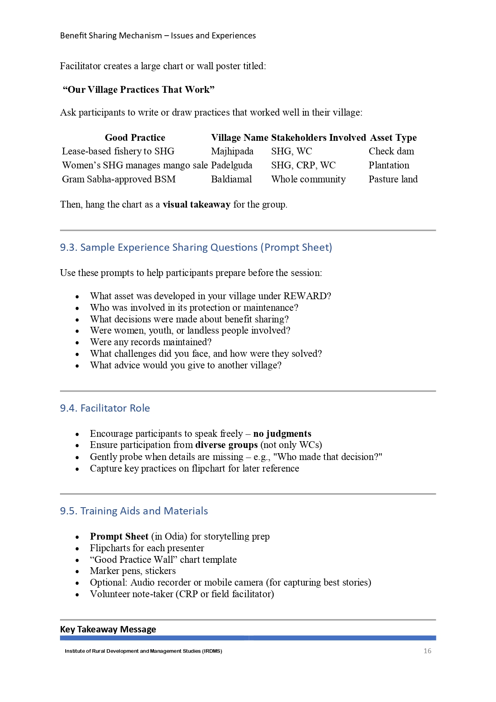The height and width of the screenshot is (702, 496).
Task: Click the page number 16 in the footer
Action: pyautogui.click(x=427, y=651)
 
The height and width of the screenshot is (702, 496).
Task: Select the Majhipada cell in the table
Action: pyautogui.click(x=232, y=151)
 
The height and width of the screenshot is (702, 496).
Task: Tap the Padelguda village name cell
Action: pyautogui.click(x=231, y=165)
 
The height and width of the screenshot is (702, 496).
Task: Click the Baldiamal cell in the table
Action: pyautogui.click(x=231, y=179)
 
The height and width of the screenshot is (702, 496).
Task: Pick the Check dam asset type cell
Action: pyautogui.click(x=391, y=151)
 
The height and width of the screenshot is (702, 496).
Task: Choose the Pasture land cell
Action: pyautogui.click(x=393, y=179)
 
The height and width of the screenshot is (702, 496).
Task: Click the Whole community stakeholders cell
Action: pyautogui.click(x=308, y=179)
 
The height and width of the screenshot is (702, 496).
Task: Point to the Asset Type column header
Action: pyautogui.click(x=393, y=138)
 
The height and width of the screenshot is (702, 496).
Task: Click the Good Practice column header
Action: pyautogui.click(x=135, y=138)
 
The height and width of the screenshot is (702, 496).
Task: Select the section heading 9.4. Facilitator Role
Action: pyautogui.click(x=105, y=408)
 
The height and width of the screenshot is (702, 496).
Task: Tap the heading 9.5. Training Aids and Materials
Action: pyautogui.click(x=134, y=511)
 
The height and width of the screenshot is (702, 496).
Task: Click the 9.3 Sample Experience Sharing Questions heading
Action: pyautogui.click(x=196, y=247)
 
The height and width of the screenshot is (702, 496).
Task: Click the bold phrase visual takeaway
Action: pyautogui.click(x=196, y=204)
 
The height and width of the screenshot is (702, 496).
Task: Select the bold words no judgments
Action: pyautogui.click(x=282, y=434)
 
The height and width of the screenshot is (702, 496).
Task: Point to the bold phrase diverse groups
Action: pyautogui.click(x=226, y=445)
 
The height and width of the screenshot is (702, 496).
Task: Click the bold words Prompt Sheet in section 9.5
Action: pyautogui.click(x=119, y=536)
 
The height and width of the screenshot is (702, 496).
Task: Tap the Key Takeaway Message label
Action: pyautogui.click(x=108, y=629)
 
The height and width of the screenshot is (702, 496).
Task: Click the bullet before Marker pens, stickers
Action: pyautogui.click(x=77, y=571)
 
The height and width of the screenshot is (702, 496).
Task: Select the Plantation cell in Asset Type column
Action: pyautogui.click(x=389, y=165)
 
